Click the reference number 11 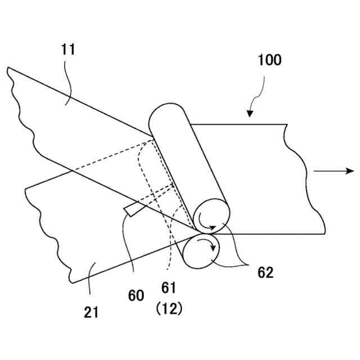point(69,49)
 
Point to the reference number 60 point(136,295)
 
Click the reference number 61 point(169,288)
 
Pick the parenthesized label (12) point(169,309)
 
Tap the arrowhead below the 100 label point(250,114)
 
